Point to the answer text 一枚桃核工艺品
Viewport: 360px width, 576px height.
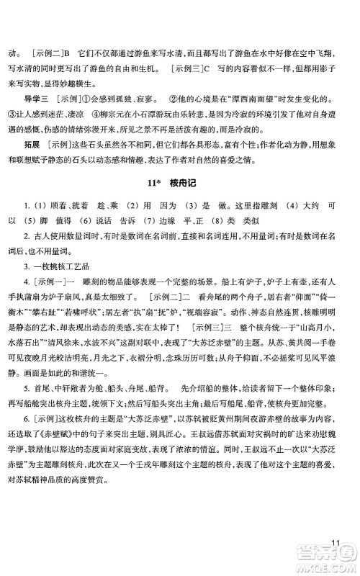[61, 268]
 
